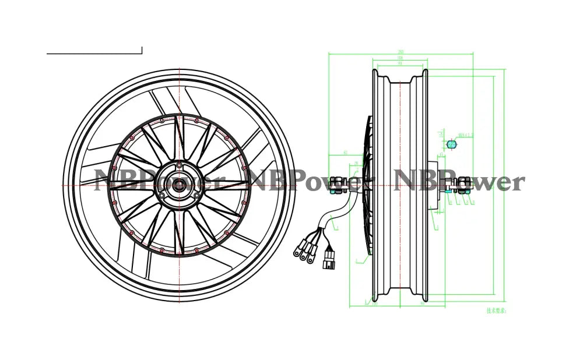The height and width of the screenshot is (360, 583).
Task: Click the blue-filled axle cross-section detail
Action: [x=451, y=143]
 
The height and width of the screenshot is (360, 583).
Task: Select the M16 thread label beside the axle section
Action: [x=466, y=136]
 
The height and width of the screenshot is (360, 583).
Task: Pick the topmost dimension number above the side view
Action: [x=401, y=52]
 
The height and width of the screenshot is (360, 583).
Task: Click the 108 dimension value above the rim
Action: [x=401, y=58]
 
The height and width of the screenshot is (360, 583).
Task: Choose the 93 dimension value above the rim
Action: [x=401, y=63]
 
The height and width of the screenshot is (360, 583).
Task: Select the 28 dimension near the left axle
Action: [x=355, y=164]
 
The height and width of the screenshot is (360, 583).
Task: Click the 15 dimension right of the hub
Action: [x=442, y=156]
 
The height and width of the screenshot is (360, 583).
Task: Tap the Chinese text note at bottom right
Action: [x=497, y=310]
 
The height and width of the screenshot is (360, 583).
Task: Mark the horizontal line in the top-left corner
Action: [x=94, y=54]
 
